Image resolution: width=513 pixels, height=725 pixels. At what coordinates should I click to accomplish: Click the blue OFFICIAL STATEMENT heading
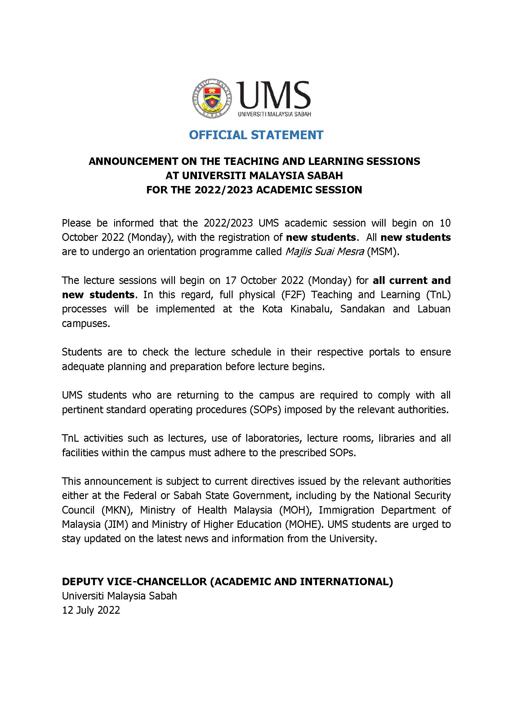[256, 135]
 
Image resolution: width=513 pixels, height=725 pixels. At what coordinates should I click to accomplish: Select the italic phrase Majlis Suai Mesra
[325, 252]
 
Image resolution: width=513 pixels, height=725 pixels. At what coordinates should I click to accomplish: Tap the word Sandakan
[362, 309]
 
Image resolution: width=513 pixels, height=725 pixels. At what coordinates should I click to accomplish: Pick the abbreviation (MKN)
[117, 510]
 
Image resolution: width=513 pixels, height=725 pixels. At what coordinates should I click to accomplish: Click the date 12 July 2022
[91, 610]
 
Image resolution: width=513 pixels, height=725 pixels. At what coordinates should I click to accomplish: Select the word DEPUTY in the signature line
[81, 581]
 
